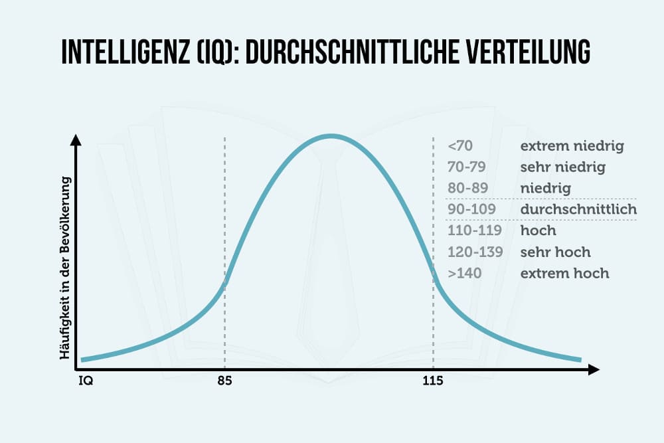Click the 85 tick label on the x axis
pos(225,382)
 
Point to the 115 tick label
pos(432,382)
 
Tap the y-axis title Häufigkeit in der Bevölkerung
pos(66,267)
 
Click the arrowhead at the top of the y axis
pos(76,140)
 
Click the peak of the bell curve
pos(331,136)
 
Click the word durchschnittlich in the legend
pos(578,210)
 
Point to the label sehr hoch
pos(555,252)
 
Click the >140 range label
pos(465,274)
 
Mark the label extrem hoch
pos(564,274)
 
